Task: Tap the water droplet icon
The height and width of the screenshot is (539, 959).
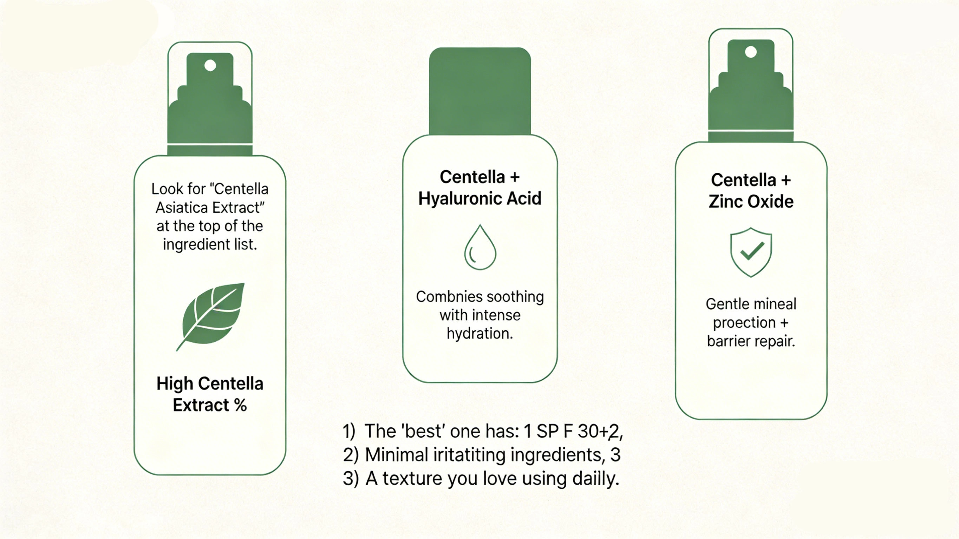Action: click(x=480, y=249)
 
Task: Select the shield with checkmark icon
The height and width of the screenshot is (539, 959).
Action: click(x=751, y=252)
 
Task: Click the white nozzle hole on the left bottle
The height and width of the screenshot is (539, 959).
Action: click(x=210, y=66)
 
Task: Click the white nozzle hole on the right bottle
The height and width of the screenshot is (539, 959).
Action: click(x=751, y=52)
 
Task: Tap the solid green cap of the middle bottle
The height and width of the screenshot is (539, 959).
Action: click(x=480, y=91)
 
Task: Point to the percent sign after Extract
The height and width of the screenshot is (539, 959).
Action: click(x=241, y=405)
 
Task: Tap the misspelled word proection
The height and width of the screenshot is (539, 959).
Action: click(x=744, y=323)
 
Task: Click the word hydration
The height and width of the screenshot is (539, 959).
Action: click(x=479, y=334)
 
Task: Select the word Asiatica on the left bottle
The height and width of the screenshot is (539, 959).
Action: click(x=181, y=207)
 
